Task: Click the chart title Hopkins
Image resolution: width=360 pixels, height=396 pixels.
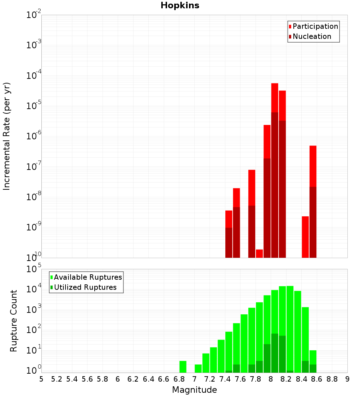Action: [180, 5]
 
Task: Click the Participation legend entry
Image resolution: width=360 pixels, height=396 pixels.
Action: [315, 26]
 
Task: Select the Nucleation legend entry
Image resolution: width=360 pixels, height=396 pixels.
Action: [312, 36]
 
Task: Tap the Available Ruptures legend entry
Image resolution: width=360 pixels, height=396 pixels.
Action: [88, 277]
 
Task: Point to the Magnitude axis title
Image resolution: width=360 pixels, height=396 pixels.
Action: [194, 390]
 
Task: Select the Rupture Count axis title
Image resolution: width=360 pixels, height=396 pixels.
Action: [14, 320]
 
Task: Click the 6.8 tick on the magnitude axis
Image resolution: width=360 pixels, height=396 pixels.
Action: [179, 379]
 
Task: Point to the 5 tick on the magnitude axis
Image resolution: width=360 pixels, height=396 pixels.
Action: [41, 379]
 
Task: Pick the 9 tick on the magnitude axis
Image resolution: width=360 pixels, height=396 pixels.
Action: [347, 379]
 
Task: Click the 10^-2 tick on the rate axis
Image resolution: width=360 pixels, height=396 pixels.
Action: [34, 15]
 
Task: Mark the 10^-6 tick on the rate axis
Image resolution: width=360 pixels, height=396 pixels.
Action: [34, 136]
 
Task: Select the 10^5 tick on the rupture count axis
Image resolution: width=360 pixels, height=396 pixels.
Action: [34, 269]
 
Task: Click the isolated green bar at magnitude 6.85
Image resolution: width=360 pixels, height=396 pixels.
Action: [183, 366]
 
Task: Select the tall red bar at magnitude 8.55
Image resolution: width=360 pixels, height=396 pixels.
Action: [313, 166]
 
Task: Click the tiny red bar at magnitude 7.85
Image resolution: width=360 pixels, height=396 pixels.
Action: [259, 253]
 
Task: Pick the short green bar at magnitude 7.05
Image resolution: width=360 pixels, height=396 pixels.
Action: [198, 368]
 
